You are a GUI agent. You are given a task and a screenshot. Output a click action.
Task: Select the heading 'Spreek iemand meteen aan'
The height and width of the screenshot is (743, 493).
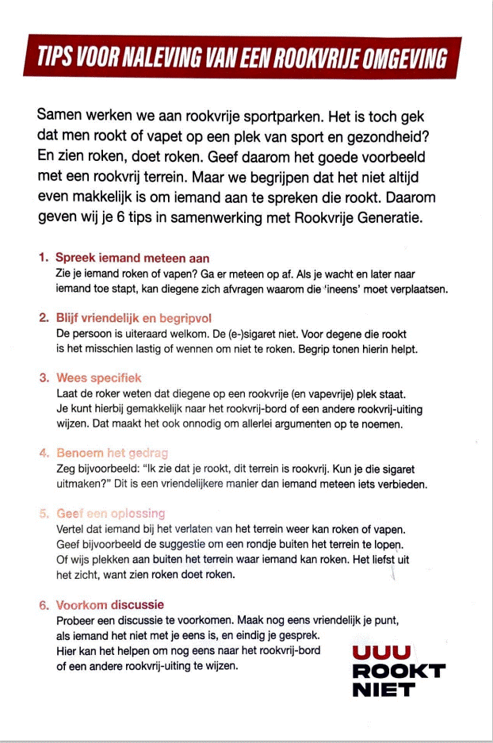(x=132, y=259)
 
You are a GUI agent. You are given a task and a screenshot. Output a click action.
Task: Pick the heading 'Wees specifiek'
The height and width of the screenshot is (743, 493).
(x=99, y=377)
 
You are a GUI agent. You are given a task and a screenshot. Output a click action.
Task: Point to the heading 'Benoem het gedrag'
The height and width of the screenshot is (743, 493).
(x=112, y=453)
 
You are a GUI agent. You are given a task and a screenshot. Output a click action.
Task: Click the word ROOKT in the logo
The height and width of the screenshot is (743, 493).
(x=398, y=672)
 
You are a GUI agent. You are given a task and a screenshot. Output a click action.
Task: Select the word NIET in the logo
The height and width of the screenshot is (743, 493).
(x=383, y=690)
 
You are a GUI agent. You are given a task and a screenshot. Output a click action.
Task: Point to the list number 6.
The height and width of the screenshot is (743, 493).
(x=44, y=606)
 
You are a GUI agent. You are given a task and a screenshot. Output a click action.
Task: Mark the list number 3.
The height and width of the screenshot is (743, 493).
(x=44, y=378)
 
